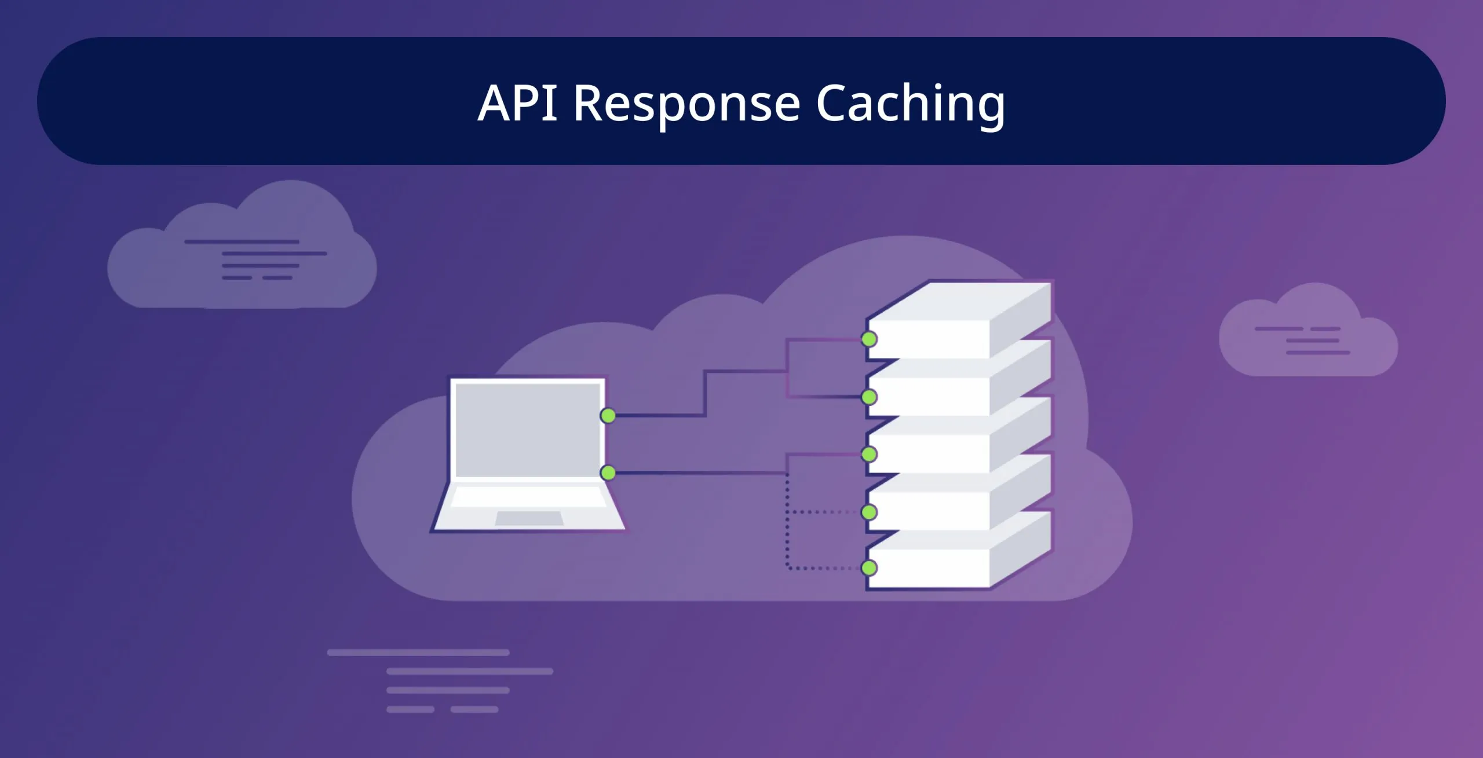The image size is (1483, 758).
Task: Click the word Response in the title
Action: [686, 104]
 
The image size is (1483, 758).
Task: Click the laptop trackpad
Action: [529, 518]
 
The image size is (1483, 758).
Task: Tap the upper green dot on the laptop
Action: [608, 416]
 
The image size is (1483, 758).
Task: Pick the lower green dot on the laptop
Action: [608, 473]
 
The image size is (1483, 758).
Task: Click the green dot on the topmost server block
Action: [869, 339]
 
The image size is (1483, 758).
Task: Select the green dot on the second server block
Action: [869, 397]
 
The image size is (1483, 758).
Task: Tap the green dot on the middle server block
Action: [869, 455]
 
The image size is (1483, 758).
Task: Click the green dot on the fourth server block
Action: [869, 512]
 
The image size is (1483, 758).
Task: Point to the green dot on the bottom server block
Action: [869, 568]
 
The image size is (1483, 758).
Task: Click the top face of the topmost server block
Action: [959, 301]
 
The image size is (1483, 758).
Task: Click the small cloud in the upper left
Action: [243, 255]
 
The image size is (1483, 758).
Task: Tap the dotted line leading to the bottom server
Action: [823, 568]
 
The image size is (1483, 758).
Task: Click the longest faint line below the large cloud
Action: [418, 653]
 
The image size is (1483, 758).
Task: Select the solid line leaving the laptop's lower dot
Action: [695, 473]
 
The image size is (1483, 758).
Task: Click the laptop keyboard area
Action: [528, 497]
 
